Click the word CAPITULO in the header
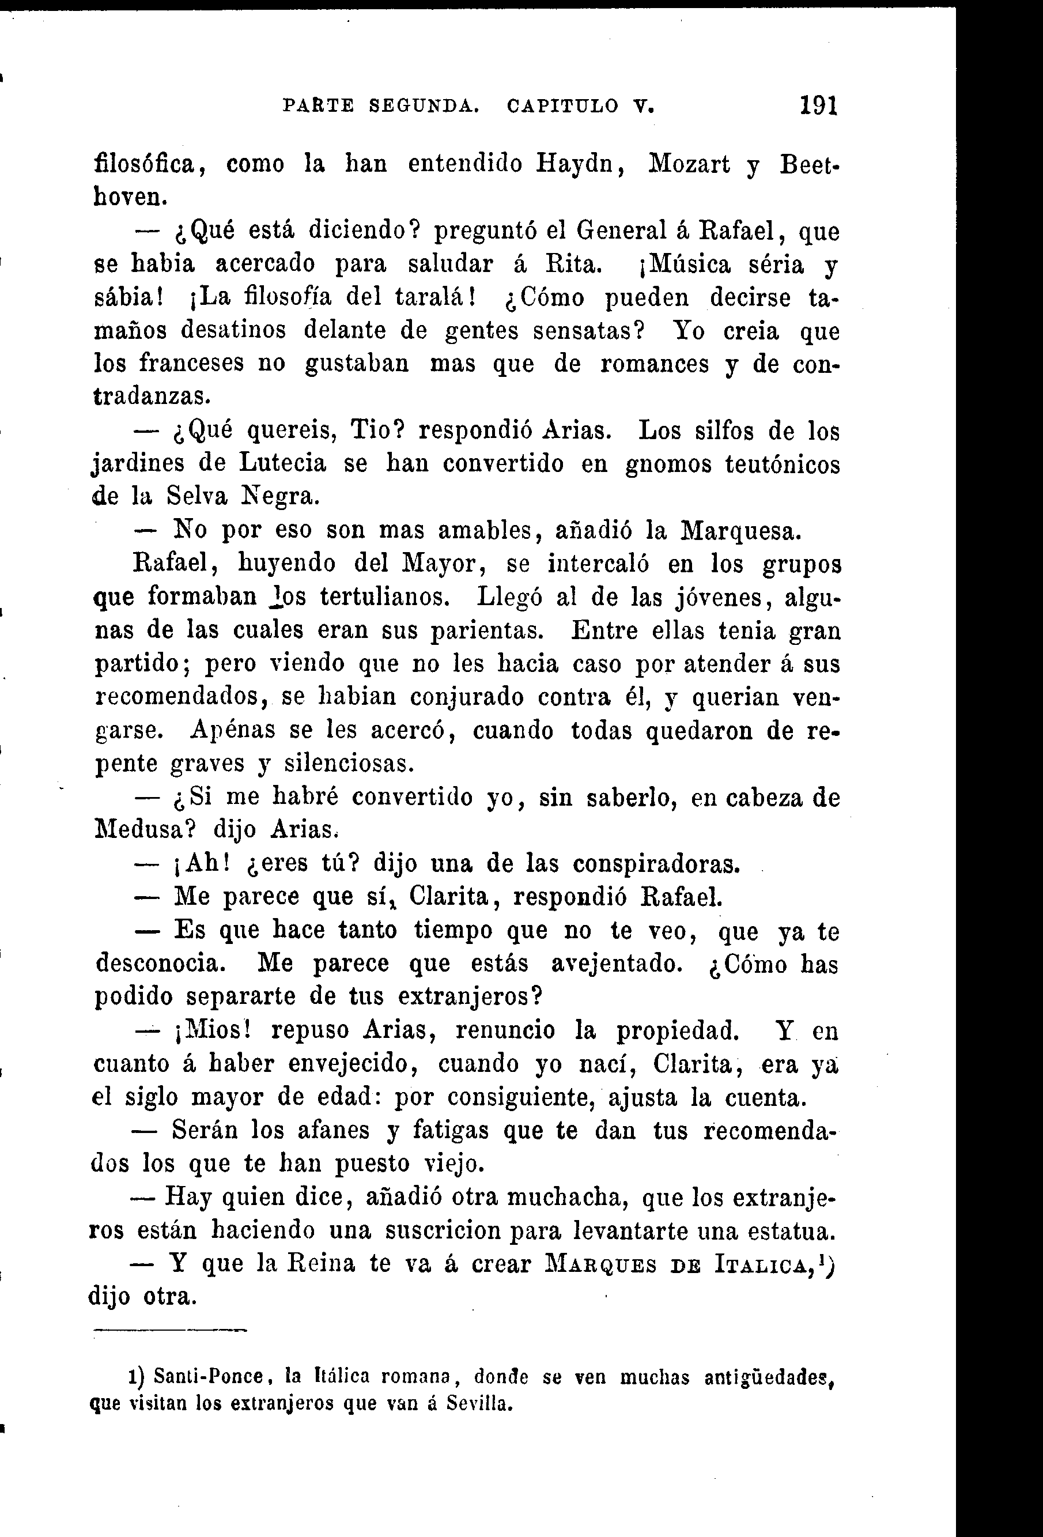(x=564, y=106)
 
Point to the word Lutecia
(x=282, y=463)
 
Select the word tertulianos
(x=385, y=597)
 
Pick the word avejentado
(x=617, y=964)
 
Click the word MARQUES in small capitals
(x=601, y=1265)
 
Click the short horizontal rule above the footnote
(x=169, y=1328)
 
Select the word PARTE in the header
(x=318, y=106)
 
